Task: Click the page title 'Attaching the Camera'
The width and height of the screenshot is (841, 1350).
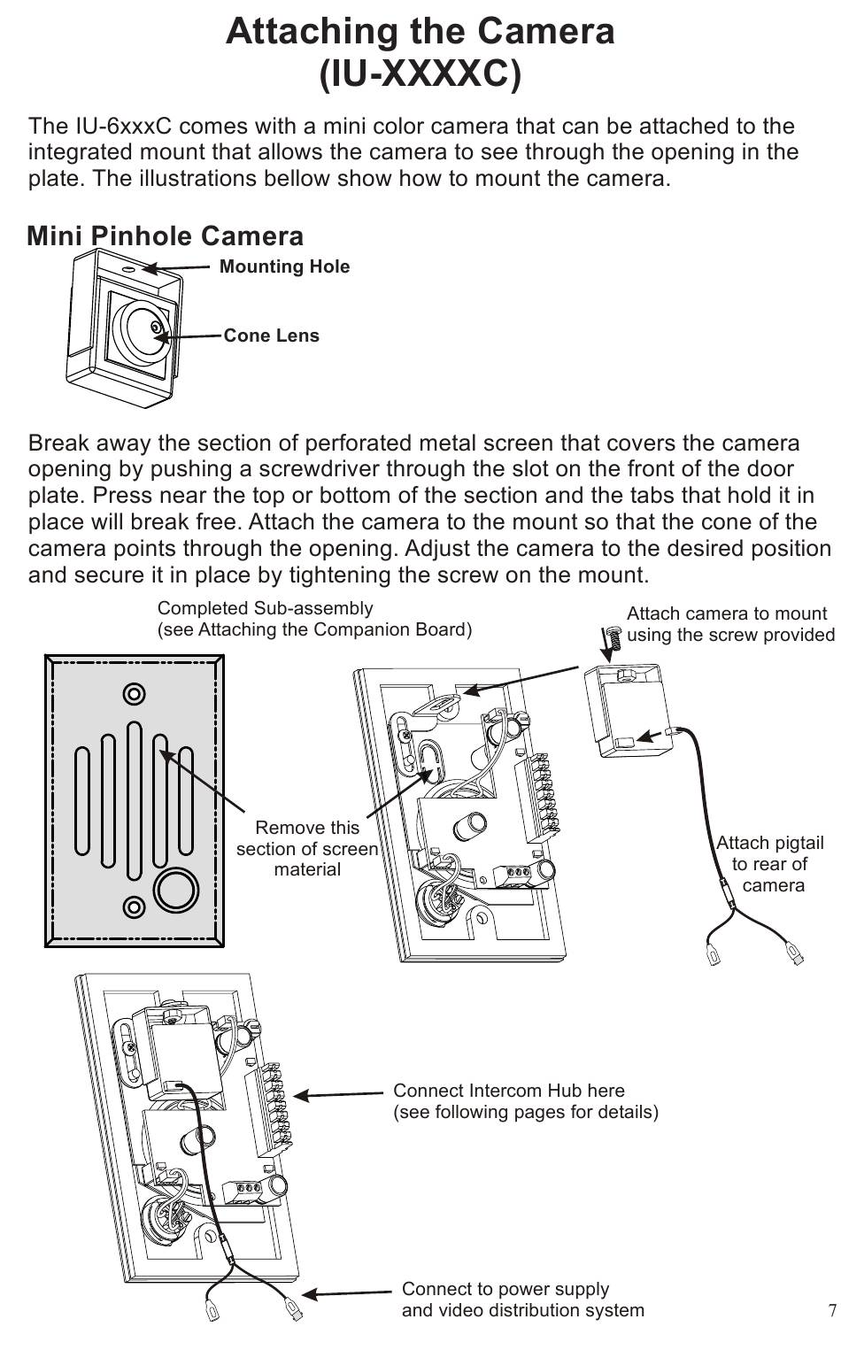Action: pyautogui.click(x=420, y=32)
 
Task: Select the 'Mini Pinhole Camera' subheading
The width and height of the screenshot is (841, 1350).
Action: pyautogui.click(x=166, y=236)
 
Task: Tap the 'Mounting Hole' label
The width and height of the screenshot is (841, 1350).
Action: pyautogui.click(x=284, y=266)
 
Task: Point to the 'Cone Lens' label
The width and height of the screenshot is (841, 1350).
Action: pyautogui.click(x=271, y=336)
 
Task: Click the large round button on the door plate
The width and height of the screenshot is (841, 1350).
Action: pyautogui.click(x=175, y=889)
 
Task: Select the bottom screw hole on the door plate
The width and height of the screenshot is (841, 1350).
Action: pyautogui.click(x=135, y=906)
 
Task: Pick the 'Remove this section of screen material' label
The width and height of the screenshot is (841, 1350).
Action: pyautogui.click(x=306, y=848)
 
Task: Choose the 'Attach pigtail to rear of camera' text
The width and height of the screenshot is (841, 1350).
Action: pyautogui.click(x=770, y=863)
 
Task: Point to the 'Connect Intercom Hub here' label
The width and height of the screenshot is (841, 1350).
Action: pyautogui.click(x=509, y=1091)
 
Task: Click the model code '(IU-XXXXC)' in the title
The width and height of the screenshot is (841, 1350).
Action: pyautogui.click(x=420, y=74)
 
